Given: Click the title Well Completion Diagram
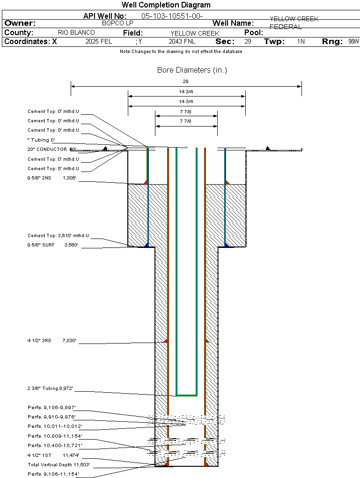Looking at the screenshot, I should pyautogui.click(x=166, y=5).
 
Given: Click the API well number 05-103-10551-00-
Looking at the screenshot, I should pyautogui.click(x=172, y=16).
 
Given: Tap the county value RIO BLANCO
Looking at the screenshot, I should pyautogui.click(x=76, y=33).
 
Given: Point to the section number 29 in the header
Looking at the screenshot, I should pyautogui.click(x=248, y=42).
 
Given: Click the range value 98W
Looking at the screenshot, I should pyautogui.click(x=353, y=42).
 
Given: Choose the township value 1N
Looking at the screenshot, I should pyautogui.click(x=301, y=42).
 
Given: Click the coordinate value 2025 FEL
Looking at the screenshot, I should pyautogui.click(x=99, y=42).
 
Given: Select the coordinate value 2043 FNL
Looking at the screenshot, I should pyautogui.click(x=182, y=42).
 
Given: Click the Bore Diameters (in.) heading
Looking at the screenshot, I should pyautogui.click(x=192, y=70).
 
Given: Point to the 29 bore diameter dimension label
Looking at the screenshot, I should pyautogui.click(x=186, y=82).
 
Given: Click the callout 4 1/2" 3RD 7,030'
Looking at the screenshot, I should pyautogui.click(x=51, y=341).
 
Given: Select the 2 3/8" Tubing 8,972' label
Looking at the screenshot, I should pyautogui.click(x=50, y=388).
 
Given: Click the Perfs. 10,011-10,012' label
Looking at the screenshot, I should pyautogui.click(x=55, y=426).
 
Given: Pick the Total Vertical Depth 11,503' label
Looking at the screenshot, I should pyautogui.click(x=59, y=465).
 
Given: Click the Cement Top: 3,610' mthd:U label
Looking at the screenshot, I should pyautogui.click(x=58, y=236).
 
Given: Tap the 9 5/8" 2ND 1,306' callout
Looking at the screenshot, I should pyautogui.click(x=51, y=178).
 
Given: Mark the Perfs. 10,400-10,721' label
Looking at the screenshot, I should pyautogui.click(x=55, y=445).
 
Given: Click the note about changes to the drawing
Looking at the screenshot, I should pyautogui.click(x=181, y=52).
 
